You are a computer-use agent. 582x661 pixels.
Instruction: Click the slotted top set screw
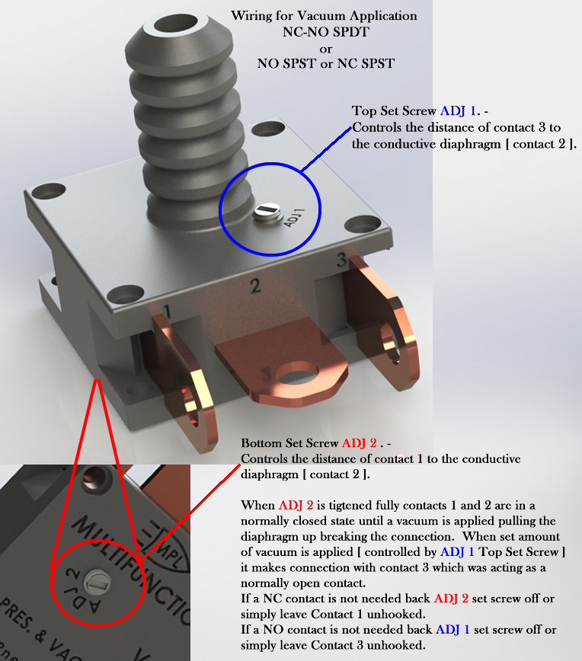point(267,212)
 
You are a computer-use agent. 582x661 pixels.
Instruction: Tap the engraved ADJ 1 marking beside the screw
point(294,218)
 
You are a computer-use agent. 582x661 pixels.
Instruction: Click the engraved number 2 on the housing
point(255,286)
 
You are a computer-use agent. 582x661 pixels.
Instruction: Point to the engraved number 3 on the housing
point(342,260)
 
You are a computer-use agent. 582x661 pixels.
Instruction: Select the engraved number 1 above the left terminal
point(168,311)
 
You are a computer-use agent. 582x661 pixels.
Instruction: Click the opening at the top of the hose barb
point(175,24)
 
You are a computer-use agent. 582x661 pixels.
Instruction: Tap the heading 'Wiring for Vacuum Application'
point(324,16)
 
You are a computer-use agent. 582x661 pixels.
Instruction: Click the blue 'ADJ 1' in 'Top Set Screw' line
point(458,111)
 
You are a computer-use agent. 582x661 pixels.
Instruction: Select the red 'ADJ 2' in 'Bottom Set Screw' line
point(360,443)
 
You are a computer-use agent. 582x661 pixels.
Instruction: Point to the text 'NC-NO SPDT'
point(325,32)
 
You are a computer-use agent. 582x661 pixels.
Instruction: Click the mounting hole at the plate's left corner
point(49,191)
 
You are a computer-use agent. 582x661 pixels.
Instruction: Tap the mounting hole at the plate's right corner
point(363,223)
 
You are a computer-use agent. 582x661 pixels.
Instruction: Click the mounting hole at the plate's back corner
point(268,129)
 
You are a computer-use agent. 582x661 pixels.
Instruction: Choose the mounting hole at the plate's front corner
point(125,294)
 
